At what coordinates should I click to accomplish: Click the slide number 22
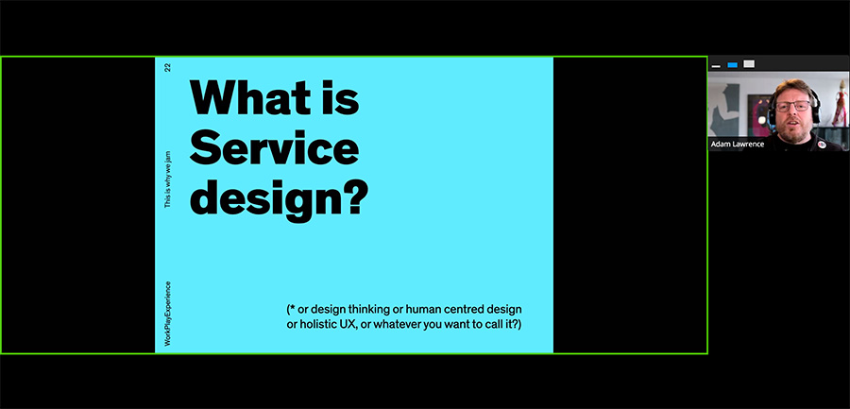click(167, 68)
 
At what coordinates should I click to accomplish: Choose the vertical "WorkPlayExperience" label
click(167, 314)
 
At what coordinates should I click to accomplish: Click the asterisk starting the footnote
click(293, 309)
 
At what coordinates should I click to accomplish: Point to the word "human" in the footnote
click(434, 310)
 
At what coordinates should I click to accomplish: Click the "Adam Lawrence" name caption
click(738, 145)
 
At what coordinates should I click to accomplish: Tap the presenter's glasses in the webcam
click(792, 106)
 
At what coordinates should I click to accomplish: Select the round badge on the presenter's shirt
click(822, 144)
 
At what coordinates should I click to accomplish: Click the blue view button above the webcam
click(732, 65)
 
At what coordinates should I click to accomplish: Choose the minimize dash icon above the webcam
click(716, 66)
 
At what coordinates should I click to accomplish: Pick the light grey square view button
click(749, 64)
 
